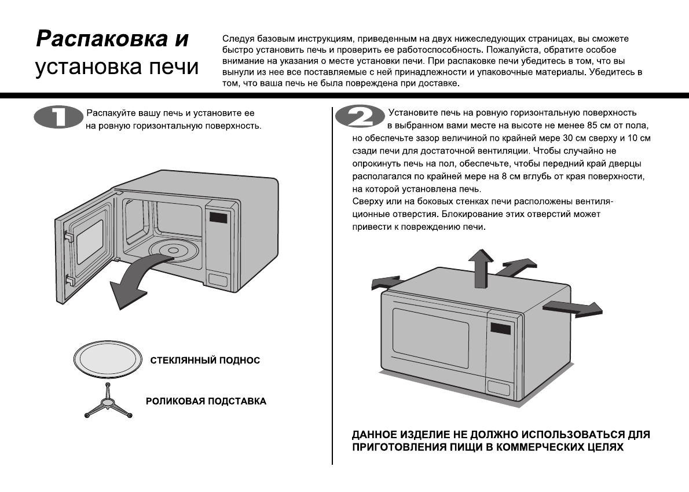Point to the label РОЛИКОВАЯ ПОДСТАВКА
206,401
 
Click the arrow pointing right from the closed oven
573,309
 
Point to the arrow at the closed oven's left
384,283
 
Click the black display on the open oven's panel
218,219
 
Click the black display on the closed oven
501,328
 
